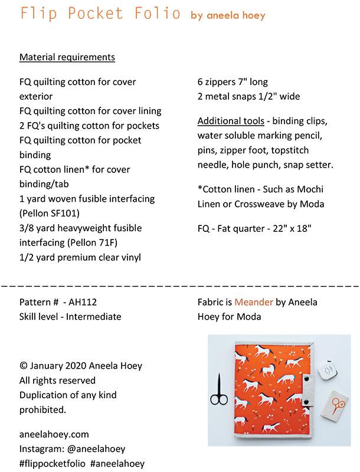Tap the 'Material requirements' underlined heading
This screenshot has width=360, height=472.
pos(67,57)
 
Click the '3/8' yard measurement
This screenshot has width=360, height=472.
pos(27,228)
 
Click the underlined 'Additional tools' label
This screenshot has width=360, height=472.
pos(231,122)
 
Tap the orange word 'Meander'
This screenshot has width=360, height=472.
pos(254,302)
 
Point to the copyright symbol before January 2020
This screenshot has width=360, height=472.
pos(24,366)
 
